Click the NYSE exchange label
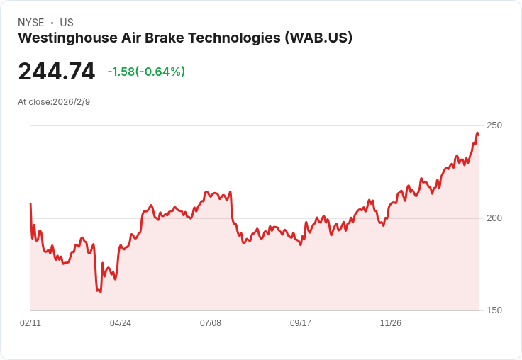pos(30,23)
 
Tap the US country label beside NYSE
pos(67,23)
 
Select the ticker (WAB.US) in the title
pos(318,38)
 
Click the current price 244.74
pos(57,72)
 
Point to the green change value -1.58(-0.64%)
pos(146,72)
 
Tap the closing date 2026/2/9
pos(72,102)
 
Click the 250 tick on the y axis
pos(494,125)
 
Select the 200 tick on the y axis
pos(494,218)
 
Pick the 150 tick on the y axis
pos(494,310)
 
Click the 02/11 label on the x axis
pos(30,323)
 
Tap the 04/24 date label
pos(121,323)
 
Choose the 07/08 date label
pos(211,323)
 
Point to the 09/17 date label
pos(301,323)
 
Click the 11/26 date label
pos(391,323)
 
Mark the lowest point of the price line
pos(100,291)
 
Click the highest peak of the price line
pos(477,133)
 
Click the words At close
pos(34,102)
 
